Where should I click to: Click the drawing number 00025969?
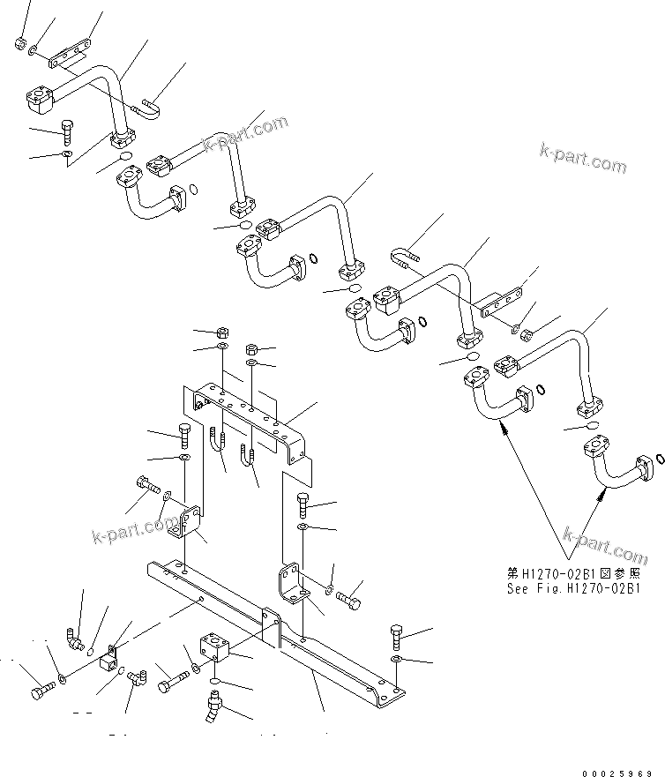616,770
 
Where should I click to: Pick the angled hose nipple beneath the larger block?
213,706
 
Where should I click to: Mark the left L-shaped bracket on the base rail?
186,520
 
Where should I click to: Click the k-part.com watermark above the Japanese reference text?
604,545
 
